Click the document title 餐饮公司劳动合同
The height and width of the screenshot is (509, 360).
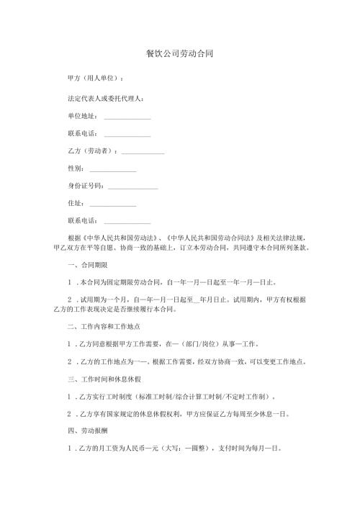point(179,54)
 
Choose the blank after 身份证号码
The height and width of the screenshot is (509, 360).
point(132,189)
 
